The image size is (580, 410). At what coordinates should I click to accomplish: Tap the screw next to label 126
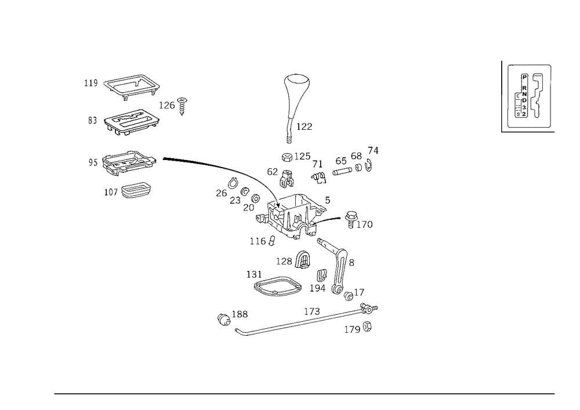(182, 106)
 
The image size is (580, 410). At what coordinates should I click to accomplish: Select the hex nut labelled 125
(287, 157)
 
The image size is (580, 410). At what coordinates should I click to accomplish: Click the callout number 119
(91, 83)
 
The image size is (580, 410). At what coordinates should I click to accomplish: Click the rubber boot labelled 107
(136, 190)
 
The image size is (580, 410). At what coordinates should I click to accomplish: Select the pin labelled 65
(342, 171)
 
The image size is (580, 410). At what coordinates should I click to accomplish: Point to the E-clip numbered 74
(368, 165)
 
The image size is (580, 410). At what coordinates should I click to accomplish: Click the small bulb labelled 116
(272, 241)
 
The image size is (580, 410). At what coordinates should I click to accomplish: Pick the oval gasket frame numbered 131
(277, 286)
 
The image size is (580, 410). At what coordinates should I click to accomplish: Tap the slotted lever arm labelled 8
(339, 267)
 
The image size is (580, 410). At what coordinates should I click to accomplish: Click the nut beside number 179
(367, 327)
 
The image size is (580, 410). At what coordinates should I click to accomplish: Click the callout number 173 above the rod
(312, 311)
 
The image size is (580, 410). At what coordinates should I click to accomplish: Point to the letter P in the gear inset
(524, 77)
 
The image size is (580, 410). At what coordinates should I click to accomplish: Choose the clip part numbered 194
(322, 275)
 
